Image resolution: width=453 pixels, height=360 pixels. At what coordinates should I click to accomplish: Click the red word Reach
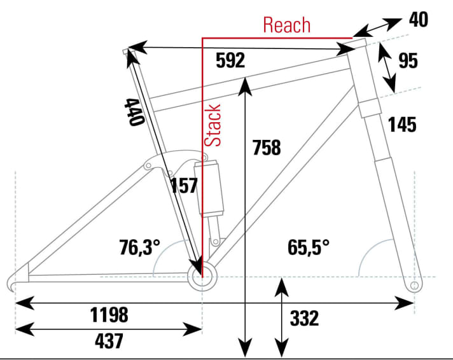pyautogui.click(x=287, y=25)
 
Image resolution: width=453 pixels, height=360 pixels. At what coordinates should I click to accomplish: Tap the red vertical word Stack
pyautogui.click(x=213, y=125)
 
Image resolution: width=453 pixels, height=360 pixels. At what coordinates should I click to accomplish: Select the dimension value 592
pyautogui.click(x=230, y=61)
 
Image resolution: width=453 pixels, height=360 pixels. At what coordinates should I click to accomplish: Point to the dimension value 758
pyautogui.click(x=267, y=148)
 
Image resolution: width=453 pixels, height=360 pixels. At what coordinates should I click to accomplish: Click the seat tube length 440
pyautogui.click(x=131, y=113)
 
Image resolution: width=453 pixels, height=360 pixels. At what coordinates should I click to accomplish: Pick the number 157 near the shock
pyautogui.click(x=185, y=186)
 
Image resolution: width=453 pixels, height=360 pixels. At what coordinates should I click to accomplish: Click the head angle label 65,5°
pyautogui.click(x=309, y=247)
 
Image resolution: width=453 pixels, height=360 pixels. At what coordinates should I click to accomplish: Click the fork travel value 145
pyautogui.click(x=401, y=125)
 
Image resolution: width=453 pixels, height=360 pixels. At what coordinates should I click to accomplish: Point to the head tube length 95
pyautogui.click(x=408, y=61)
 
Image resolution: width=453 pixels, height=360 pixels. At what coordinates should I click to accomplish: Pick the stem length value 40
pyautogui.click(x=418, y=19)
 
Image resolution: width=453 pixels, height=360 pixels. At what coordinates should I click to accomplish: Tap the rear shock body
pyautogui.click(x=211, y=188)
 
